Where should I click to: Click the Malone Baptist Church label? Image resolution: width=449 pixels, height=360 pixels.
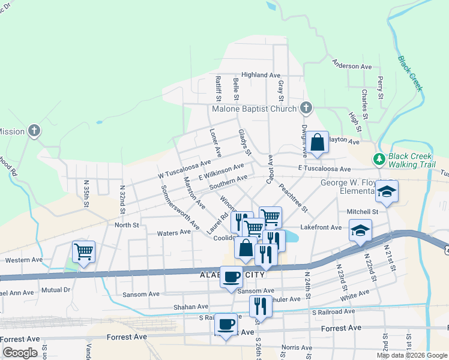[255, 109]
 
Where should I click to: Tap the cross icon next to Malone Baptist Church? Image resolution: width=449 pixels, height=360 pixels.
[306, 108]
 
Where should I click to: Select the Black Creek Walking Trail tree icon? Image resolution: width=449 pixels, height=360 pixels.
[379, 159]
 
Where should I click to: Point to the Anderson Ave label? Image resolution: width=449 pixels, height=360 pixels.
[352, 65]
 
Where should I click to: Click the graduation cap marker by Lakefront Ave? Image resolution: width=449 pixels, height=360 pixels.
[360, 230]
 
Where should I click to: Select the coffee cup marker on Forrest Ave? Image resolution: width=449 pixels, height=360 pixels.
[226, 325]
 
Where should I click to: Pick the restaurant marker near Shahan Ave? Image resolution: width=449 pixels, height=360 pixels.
[261, 305]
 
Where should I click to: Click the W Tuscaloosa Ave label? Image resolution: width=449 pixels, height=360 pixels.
[185, 169]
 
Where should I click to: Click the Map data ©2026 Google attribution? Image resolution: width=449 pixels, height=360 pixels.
[412, 355]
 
